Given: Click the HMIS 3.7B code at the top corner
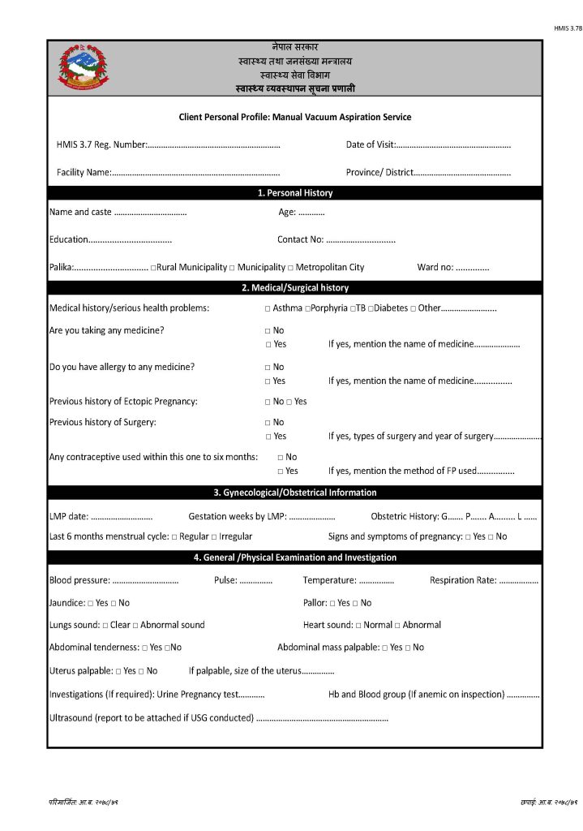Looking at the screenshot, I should click(x=568, y=28).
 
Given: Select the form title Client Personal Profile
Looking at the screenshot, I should click(x=294, y=117).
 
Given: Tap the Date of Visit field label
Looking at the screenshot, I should click(x=371, y=144).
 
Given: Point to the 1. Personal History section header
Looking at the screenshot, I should click(x=294, y=193).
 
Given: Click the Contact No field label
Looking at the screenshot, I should click(x=301, y=239).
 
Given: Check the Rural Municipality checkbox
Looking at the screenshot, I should click(x=152, y=268).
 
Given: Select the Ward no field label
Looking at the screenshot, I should click(x=435, y=267).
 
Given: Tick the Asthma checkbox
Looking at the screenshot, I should click(x=268, y=309).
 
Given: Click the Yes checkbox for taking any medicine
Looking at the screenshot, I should click(x=268, y=345).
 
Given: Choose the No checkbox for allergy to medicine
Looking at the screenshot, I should click(x=268, y=368).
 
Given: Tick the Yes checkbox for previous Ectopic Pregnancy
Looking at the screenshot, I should click(x=289, y=402).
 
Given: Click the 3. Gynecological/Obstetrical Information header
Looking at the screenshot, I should click(x=294, y=493).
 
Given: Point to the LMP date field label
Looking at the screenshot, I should click(x=69, y=516).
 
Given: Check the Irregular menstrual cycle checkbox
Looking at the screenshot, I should click(x=214, y=537).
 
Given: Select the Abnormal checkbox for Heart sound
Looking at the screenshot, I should click(x=397, y=626).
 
